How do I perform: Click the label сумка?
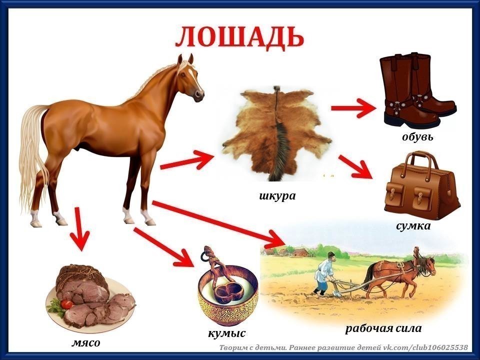(413, 226)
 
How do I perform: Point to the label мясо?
(85, 342)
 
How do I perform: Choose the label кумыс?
(227, 332)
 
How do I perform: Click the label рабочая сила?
(383, 328)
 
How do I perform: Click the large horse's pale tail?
(31, 150)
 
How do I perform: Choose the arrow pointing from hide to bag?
(356, 166)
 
